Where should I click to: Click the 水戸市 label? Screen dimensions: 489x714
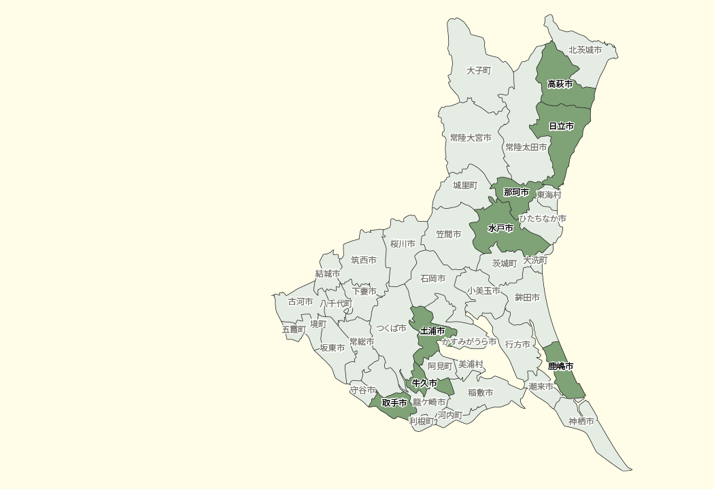[500, 229]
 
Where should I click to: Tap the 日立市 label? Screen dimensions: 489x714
[561, 127]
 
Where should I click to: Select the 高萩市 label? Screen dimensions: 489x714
[560, 84]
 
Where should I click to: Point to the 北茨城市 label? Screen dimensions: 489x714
[585, 50]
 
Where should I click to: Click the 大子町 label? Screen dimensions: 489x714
[479, 71]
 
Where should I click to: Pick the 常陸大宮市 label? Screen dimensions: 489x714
[471, 138]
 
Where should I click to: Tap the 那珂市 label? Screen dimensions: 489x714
[516, 192]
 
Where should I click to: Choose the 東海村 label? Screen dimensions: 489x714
[549, 195]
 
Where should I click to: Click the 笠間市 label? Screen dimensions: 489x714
[448, 235]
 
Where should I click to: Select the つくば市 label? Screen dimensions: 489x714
[392, 328]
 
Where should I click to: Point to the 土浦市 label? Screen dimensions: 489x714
[432, 331]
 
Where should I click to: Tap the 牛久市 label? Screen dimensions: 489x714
[424, 384]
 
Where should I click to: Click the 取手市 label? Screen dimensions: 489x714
[394, 403]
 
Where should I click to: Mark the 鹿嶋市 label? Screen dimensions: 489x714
[561, 367]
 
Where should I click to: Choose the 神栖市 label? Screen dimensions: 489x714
[581, 422]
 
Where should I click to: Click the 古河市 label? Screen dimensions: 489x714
[301, 302]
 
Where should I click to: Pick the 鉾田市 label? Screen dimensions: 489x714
[527, 298]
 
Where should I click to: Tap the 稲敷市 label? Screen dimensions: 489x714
[480, 392]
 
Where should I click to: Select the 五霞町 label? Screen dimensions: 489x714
[294, 329]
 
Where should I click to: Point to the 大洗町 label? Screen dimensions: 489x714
[535, 260]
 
